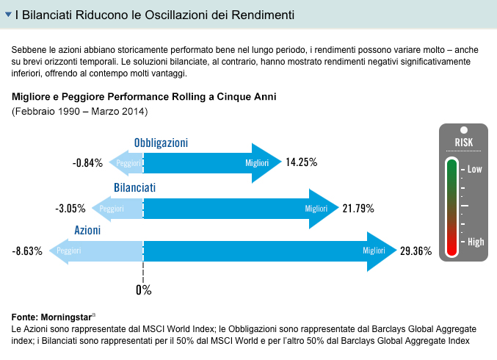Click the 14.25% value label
pyautogui.click(x=301, y=162)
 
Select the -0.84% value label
pyautogui.click(x=87, y=163)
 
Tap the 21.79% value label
pyautogui.click(x=358, y=208)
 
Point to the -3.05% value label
pyautogui.click(x=70, y=209)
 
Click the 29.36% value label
pyautogui.click(x=415, y=251)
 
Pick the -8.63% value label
pyautogui.click(x=28, y=251)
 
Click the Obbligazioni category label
pyautogui.click(x=161, y=143)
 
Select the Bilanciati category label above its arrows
pyautogui.click(x=134, y=188)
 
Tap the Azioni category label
pyautogui.click(x=87, y=230)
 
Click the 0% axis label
pyautogui.click(x=143, y=289)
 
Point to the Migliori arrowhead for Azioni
pyautogui.click(x=381, y=251)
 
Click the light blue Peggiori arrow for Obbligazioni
pyautogui.click(x=124, y=163)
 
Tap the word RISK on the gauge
pyautogui.click(x=464, y=143)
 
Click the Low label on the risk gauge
pyautogui.click(x=474, y=169)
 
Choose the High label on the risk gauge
pyautogui.click(x=475, y=240)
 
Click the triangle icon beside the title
pyautogui.click(x=8, y=14)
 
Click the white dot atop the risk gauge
pyautogui.click(x=464, y=130)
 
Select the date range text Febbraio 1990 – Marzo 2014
pyautogui.click(x=80, y=112)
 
